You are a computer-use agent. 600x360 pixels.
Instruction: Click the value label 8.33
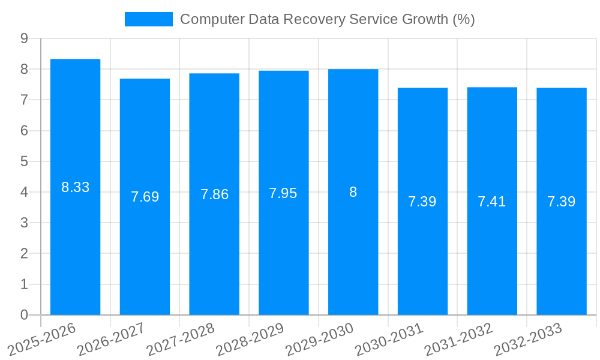click(76, 187)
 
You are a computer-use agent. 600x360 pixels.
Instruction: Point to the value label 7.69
click(145, 197)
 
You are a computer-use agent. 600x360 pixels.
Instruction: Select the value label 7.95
click(283, 193)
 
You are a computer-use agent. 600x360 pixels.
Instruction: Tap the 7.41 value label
click(492, 202)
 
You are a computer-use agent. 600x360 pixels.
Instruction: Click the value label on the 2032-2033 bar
click(562, 202)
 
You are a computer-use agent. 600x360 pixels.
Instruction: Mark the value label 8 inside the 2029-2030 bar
click(353, 192)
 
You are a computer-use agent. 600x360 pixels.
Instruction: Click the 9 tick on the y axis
click(24, 38)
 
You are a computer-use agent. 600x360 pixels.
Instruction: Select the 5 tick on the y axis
click(24, 161)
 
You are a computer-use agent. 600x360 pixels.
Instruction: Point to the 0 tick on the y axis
click(24, 315)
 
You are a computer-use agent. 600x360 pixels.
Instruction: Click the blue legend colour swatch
click(148, 19)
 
